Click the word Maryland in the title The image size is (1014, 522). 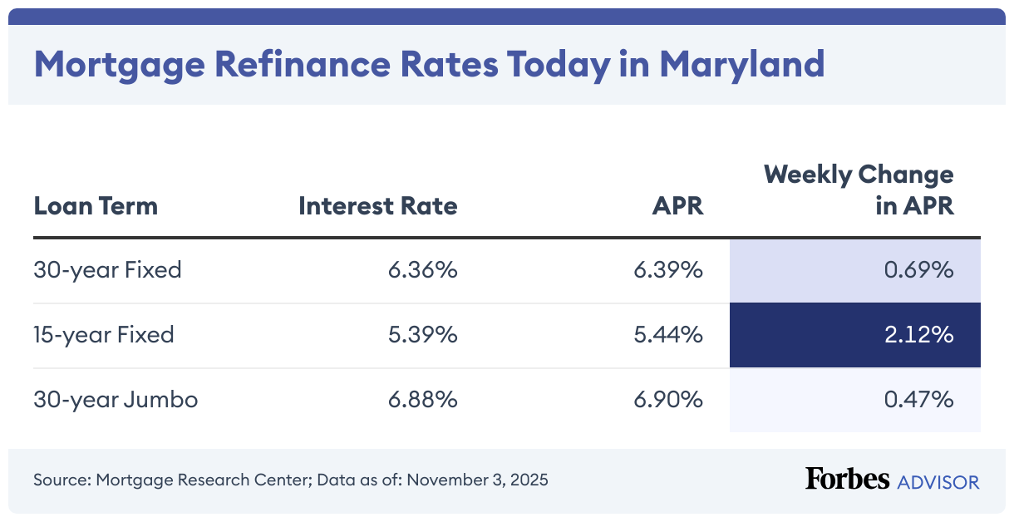(742, 64)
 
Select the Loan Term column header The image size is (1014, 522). (96, 205)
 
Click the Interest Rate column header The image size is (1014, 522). (378, 205)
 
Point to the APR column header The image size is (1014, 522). (677, 205)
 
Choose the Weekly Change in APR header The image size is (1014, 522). (859, 190)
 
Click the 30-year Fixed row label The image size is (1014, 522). (107, 270)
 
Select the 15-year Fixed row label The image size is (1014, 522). (104, 335)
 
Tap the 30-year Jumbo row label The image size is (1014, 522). (116, 400)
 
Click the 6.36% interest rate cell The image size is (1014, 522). (422, 270)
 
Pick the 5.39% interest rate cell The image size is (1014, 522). (422, 335)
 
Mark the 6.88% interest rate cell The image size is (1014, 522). (422, 400)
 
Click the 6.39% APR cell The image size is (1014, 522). (669, 270)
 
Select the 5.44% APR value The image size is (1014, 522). (669, 335)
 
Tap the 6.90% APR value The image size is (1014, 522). (669, 400)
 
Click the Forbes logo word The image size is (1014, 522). (847, 479)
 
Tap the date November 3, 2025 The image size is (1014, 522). (477, 480)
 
